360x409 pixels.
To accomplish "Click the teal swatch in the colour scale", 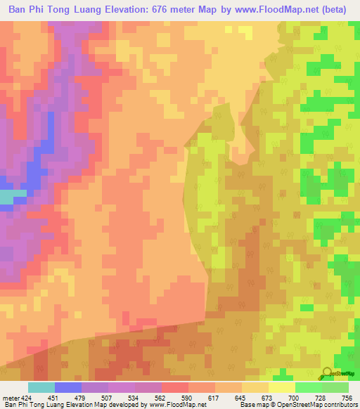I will pyautogui.click(x=41, y=387).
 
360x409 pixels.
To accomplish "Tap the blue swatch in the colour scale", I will pyautogui.click(x=68, y=387).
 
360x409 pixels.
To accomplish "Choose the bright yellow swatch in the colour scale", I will pyautogui.click(x=282, y=387).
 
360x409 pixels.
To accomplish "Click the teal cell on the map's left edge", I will pyautogui.click(x=6, y=197).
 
